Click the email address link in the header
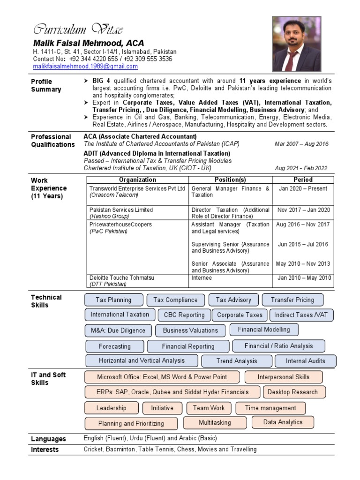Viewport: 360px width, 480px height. coord(85,67)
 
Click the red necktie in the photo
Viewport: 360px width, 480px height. coord(292,61)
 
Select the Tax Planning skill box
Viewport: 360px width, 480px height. coord(113,300)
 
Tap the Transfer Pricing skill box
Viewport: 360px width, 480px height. coord(292,300)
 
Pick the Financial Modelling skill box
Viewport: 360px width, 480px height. coord(264,330)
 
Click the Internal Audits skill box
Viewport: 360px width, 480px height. coord(306,361)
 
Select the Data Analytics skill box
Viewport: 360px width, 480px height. coord(283,422)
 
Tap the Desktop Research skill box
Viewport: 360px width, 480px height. coord(292,392)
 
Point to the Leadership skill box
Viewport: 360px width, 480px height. coord(111,408)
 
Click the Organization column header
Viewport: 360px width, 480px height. coord(137,180)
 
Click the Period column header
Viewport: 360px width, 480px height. coord(303,180)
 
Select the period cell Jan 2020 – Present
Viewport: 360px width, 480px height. coord(303,188)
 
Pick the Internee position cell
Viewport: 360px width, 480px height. coord(202,278)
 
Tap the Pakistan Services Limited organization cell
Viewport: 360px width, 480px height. coord(121,210)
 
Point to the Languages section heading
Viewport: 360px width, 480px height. coord(48,439)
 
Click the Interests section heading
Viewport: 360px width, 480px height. coord(45,450)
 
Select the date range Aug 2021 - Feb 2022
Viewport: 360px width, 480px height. coord(301,168)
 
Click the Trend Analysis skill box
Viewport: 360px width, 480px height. coord(237,361)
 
